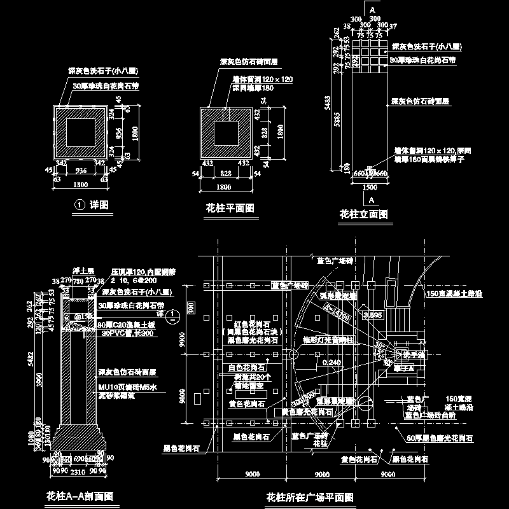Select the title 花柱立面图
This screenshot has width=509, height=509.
point(363,214)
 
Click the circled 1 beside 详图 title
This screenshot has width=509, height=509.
point(80,205)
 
